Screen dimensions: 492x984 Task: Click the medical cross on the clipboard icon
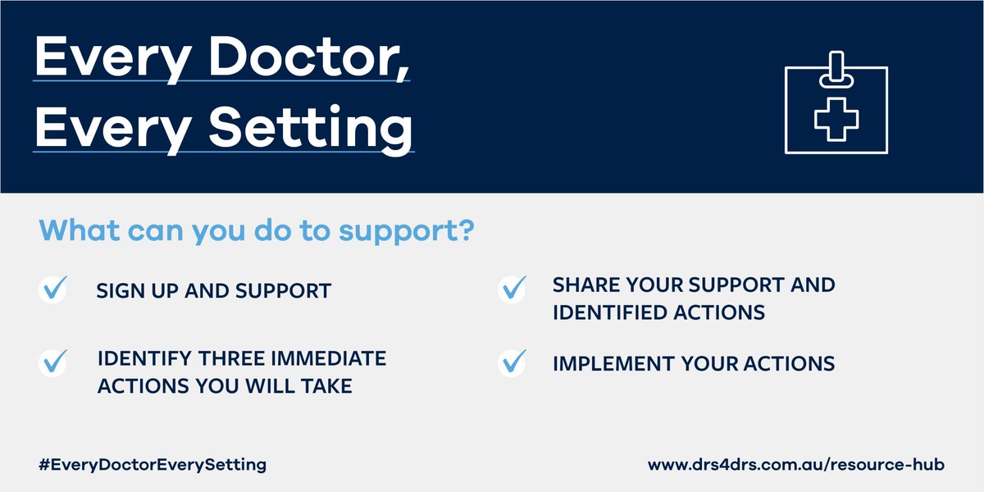836,119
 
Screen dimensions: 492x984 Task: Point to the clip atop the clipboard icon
836,71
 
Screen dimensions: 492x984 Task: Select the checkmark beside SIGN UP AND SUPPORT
53,290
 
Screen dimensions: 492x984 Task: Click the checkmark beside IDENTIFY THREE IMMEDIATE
53,362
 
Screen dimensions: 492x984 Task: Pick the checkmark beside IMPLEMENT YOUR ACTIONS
512,362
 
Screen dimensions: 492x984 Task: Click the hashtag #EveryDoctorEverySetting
153,464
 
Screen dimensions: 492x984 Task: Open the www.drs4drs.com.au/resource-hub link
795,464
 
